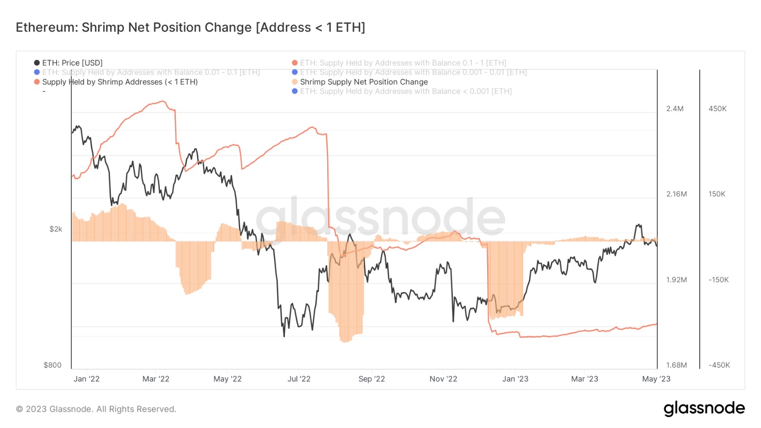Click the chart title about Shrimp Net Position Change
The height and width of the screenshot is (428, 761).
[x=190, y=28]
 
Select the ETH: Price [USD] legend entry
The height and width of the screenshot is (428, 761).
[x=72, y=63]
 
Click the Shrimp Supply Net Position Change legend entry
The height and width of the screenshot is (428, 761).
[x=363, y=82]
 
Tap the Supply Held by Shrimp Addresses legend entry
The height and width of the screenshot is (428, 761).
[x=119, y=82]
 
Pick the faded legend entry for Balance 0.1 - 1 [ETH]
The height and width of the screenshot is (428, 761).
[x=402, y=63]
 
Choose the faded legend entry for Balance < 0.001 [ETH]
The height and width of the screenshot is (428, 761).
[x=405, y=91]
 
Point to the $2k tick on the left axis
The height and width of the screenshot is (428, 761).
[x=56, y=229]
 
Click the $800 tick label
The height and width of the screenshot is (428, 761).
[x=52, y=365]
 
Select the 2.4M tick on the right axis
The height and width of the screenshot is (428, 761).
[x=674, y=109]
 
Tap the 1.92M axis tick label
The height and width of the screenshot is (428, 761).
[x=676, y=280]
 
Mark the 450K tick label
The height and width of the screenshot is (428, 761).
[x=717, y=109]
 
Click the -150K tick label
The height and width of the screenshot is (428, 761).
[x=718, y=280]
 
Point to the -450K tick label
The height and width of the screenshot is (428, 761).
[x=719, y=365]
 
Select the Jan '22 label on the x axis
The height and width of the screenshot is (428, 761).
[x=87, y=379]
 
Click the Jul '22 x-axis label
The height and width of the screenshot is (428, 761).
[x=299, y=379]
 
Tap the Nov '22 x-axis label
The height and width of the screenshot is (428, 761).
[x=443, y=379]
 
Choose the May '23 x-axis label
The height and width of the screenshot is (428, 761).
[x=656, y=379]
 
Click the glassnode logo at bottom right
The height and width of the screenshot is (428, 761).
[x=704, y=409]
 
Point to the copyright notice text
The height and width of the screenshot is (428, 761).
[x=96, y=409]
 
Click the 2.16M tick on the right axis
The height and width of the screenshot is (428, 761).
[x=676, y=194]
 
